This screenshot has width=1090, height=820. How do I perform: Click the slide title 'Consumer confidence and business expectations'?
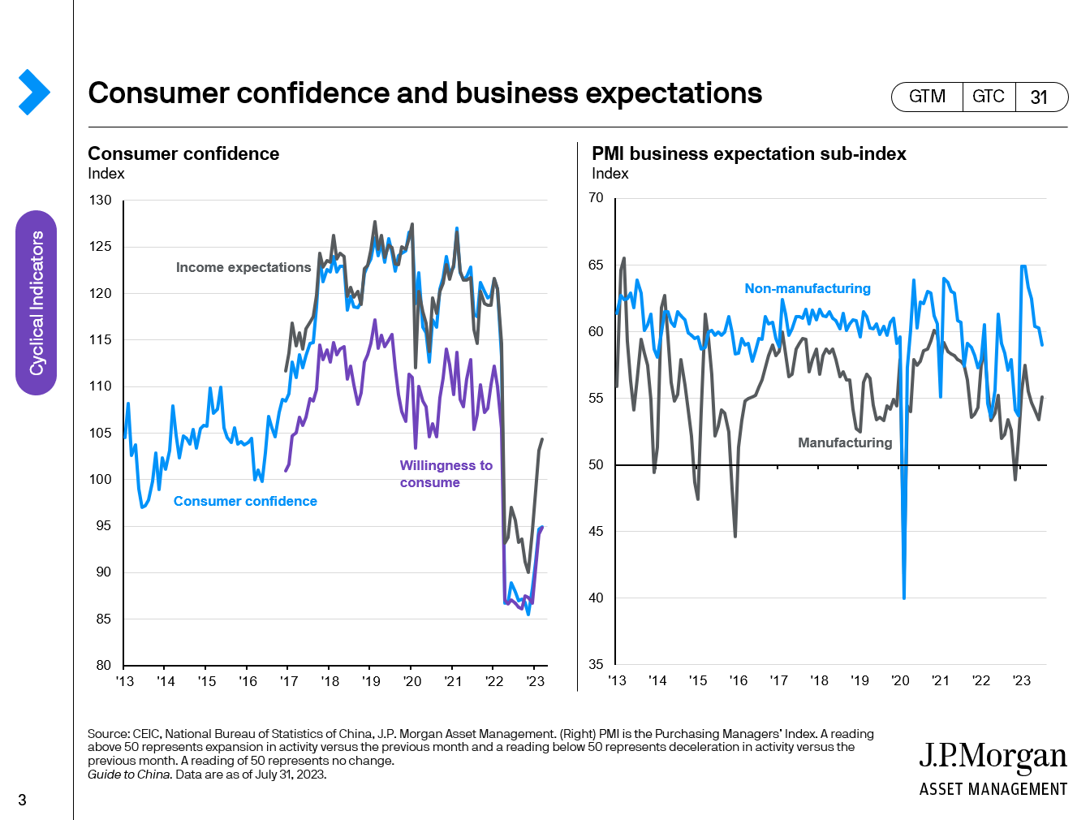[x=424, y=93]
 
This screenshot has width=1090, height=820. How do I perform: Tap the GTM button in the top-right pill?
[x=927, y=97]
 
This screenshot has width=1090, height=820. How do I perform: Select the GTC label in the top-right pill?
[x=988, y=97]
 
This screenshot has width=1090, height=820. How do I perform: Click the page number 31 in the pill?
[x=1039, y=97]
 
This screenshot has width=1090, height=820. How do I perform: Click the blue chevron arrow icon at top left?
[x=33, y=92]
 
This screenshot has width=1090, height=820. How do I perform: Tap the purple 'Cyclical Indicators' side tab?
[x=37, y=303]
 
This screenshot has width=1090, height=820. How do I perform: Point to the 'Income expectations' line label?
[x=243, y=267]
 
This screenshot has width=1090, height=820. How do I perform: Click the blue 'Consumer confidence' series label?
[x=245, y=501]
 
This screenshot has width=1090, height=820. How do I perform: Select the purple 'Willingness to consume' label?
[x=446, y=473]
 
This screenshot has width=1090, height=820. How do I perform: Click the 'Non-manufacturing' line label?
[x=807, y=288]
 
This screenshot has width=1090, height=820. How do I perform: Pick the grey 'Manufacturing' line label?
[x=844, y=442]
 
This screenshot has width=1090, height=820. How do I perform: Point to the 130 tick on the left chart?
[x=101, y=200]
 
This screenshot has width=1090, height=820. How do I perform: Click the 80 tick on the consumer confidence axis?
[x=103, y=665]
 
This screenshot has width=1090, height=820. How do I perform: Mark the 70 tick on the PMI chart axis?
[x=596, y=197]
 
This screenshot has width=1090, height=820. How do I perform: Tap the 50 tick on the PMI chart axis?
[x=596, y=464]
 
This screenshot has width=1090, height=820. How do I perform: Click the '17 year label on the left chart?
[x=289, y=681]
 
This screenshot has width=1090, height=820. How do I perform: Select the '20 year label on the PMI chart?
[x=900, y=680]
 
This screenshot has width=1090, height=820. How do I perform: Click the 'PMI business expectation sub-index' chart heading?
[x=748, y=153]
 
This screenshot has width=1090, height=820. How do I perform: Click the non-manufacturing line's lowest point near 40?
[x=904, y=598]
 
